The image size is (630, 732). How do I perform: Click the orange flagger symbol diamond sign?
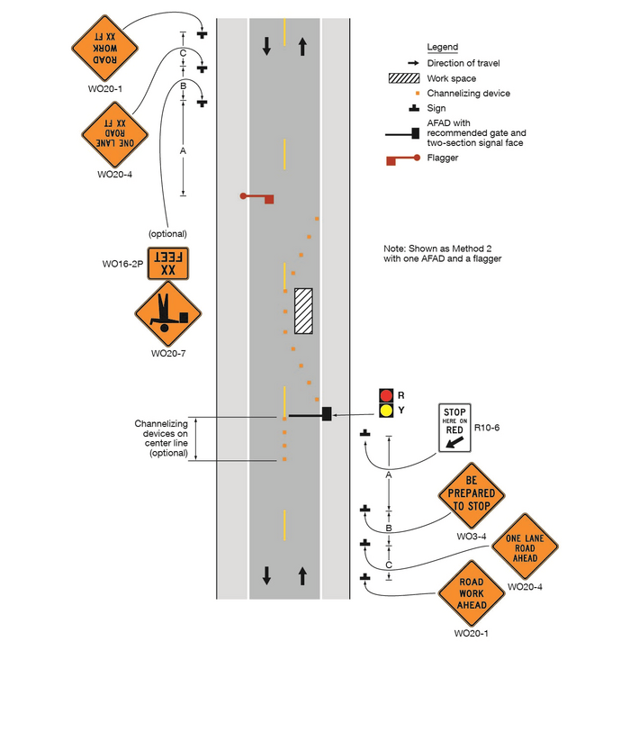168,313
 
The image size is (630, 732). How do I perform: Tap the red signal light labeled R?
386,395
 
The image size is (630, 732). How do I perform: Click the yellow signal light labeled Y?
386,411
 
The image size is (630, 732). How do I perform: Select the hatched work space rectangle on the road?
303,312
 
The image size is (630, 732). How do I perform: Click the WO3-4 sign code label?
472,538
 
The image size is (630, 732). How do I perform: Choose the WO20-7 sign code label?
168,354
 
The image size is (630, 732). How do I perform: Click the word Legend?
442,47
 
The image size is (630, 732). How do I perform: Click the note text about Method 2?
442,253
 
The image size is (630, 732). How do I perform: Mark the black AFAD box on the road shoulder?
327,414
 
